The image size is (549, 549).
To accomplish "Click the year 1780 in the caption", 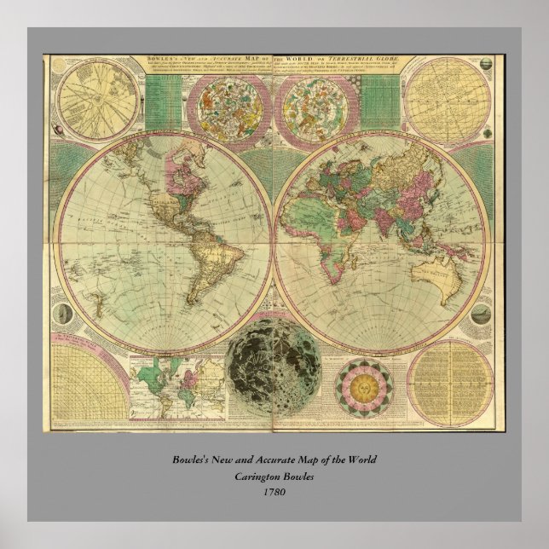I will (274, 491).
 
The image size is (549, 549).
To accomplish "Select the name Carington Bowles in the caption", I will (274, 476).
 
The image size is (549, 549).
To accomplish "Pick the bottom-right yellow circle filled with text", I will (449, 383).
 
